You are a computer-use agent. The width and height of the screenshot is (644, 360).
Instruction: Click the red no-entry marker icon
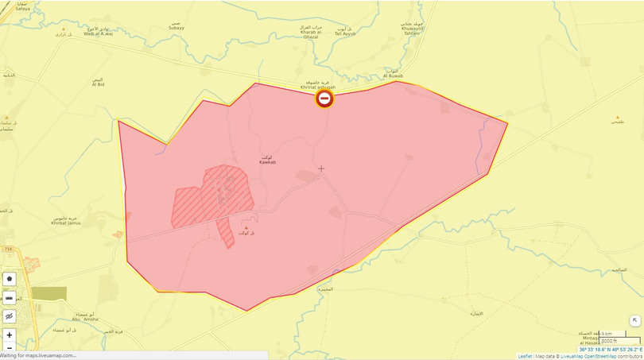click(x=324, y=98)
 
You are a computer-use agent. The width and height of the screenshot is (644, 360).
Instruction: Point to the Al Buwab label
click(x=393, y=76)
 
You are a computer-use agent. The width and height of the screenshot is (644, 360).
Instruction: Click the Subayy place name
click(x=176, y=28)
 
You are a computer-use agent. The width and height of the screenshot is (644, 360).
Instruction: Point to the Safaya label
click(x=22, y=8)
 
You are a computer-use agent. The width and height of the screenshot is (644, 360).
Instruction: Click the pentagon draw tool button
click(x=10, y=279)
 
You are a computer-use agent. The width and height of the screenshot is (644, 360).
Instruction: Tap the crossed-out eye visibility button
click(x=10, y=315)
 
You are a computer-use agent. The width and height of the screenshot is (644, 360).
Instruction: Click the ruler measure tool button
click(x=10, y=297)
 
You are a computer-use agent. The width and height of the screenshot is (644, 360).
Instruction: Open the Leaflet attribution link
click(x=525, y=356)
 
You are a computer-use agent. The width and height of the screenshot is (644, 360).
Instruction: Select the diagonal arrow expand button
click(x=634, y=320)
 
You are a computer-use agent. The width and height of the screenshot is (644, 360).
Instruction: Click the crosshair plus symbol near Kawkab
click(x=321, y=168)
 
